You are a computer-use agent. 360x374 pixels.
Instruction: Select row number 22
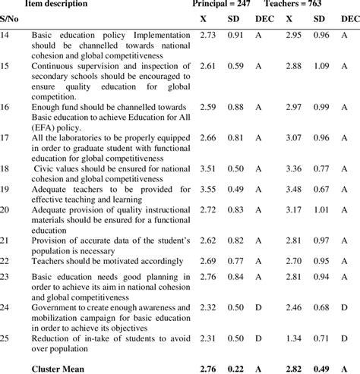(x=5, y=259)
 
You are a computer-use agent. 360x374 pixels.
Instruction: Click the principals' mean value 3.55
(x=207, y=188)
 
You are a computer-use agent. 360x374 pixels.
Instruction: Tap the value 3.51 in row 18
(x=207, y=168)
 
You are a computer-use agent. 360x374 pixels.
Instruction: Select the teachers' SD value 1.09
(x=319, y=66)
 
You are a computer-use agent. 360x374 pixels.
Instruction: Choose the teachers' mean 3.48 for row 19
(x=294, y=188)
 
